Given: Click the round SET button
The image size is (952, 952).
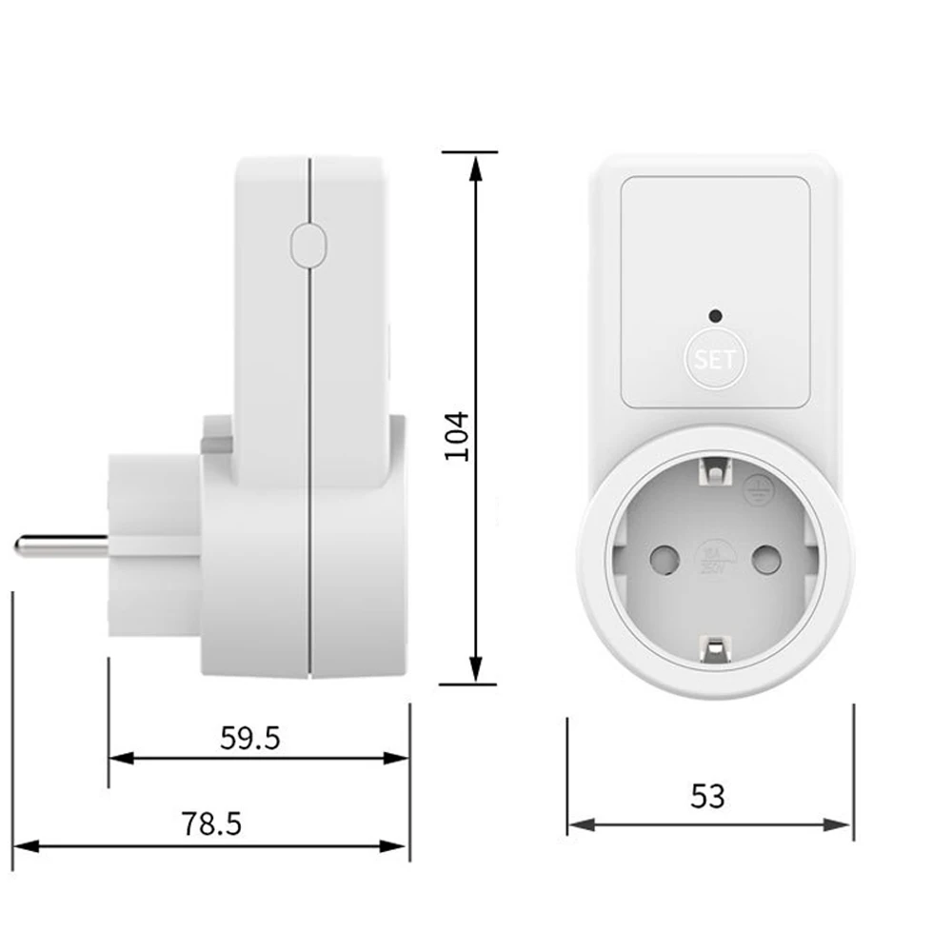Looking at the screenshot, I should (715, 360).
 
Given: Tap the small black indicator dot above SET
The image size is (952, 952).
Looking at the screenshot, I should (715, 314).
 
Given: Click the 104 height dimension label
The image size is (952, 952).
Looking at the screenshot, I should (458, 436).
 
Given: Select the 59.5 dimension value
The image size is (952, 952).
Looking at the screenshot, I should (250, 738).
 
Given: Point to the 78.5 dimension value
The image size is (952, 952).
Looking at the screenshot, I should (211, 823).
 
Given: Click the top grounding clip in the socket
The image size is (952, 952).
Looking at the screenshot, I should (714, 469).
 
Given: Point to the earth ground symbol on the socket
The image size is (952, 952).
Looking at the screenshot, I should (756, 486).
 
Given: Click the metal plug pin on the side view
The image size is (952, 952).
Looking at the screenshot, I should (57, 546).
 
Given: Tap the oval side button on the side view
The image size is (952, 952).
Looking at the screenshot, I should (307, 245).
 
